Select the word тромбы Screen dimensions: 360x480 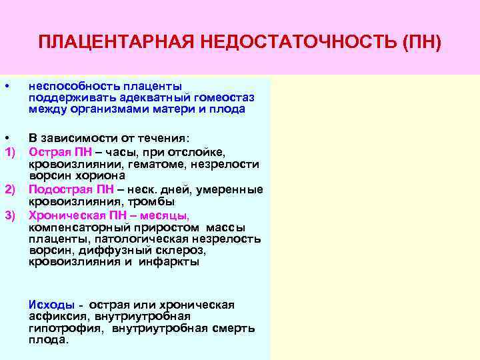pyautogui.click(x=155, y=201)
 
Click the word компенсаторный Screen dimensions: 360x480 pyautogui.click(x=71, y=227)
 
